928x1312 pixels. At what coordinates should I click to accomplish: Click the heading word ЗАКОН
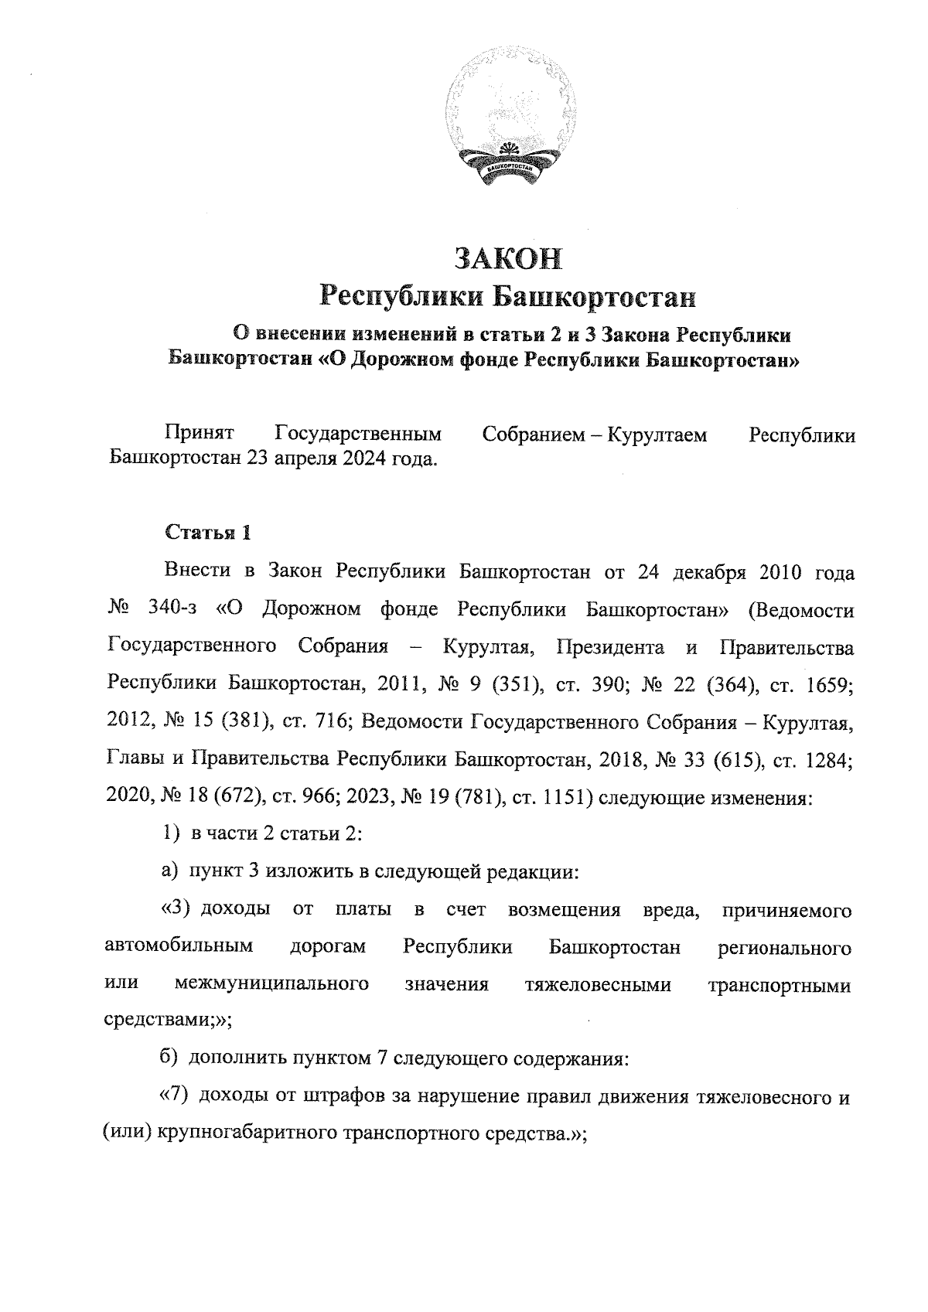[508, 259]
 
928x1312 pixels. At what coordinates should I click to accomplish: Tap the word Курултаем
[657, 435]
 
